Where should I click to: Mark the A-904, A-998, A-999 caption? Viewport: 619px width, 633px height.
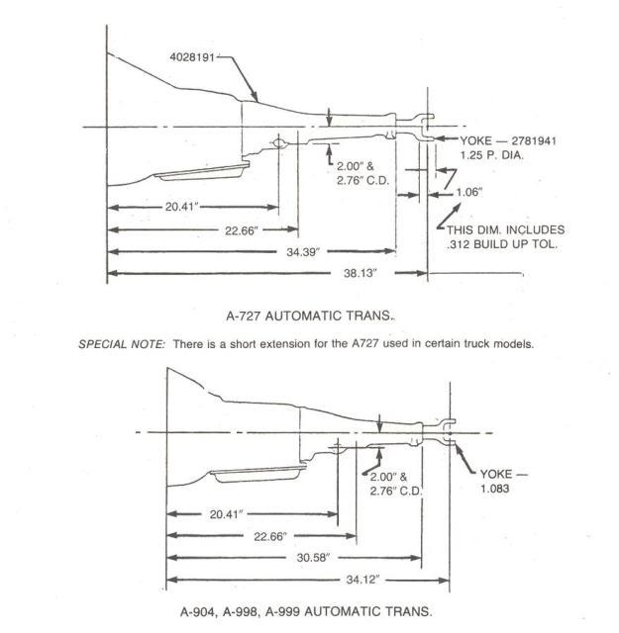pyautogui.click(x=306, y=611)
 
